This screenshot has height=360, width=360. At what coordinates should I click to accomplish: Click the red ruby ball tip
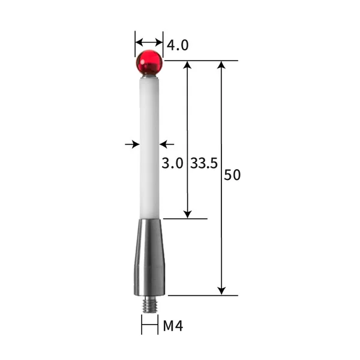149,62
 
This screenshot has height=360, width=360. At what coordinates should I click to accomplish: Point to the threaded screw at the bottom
149,305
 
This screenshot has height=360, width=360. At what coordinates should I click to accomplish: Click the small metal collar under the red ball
149,76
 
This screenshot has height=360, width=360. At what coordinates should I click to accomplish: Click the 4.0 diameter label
178,45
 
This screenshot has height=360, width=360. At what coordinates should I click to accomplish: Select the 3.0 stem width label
172,163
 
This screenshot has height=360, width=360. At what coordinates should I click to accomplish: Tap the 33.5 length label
204,163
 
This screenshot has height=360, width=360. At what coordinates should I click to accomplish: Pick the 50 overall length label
232,175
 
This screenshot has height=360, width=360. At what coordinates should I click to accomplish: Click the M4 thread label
173,326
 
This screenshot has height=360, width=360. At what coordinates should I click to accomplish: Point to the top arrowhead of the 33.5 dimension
187,65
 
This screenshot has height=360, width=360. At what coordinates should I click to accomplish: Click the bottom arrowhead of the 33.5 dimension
187,214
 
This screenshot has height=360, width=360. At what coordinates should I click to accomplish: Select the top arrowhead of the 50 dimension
221,65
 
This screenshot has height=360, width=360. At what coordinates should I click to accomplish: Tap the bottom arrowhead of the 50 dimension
221,290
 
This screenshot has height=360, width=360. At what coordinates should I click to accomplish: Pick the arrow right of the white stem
167,144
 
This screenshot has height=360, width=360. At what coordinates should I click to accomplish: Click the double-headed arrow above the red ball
149,42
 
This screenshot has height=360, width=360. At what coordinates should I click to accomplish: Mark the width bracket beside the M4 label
149,326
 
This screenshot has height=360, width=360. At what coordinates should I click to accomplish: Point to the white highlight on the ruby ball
144,56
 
